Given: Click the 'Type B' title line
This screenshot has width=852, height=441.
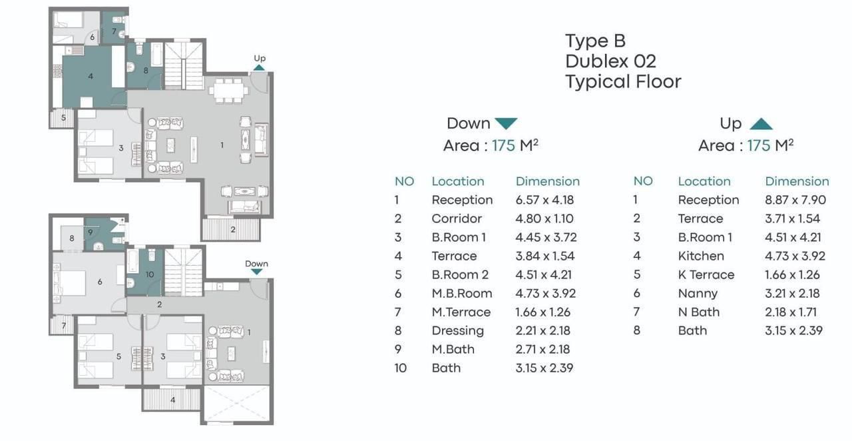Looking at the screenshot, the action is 595,41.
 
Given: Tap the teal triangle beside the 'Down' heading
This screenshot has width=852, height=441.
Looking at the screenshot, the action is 507,123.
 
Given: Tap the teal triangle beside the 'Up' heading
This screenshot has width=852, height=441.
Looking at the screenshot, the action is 761,124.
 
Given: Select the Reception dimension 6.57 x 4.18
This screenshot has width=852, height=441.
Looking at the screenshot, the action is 544,200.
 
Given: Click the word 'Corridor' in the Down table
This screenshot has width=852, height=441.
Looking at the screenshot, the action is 457,219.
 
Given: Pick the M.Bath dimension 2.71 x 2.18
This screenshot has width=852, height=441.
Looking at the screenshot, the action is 542,349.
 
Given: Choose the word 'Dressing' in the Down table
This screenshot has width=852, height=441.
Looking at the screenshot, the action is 457,331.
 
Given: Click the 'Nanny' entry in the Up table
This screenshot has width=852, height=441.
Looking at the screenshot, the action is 698,294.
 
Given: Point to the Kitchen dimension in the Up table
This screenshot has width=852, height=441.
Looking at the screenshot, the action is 795,256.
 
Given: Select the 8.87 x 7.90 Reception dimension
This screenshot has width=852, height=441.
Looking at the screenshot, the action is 795,200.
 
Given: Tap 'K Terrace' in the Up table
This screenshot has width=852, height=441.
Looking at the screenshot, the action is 706,274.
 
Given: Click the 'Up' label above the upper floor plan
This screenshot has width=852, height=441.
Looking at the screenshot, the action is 260,58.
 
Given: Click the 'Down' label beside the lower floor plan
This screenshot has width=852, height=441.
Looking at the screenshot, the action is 256,264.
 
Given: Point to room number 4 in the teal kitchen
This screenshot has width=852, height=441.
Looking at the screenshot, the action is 91,77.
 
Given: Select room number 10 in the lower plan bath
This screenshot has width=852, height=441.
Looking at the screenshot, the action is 150,274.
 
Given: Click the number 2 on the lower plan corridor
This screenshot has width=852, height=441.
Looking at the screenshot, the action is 159,304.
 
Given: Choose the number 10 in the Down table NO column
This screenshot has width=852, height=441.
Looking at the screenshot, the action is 400,368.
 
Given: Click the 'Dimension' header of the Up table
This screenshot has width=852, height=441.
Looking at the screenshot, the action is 797,181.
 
